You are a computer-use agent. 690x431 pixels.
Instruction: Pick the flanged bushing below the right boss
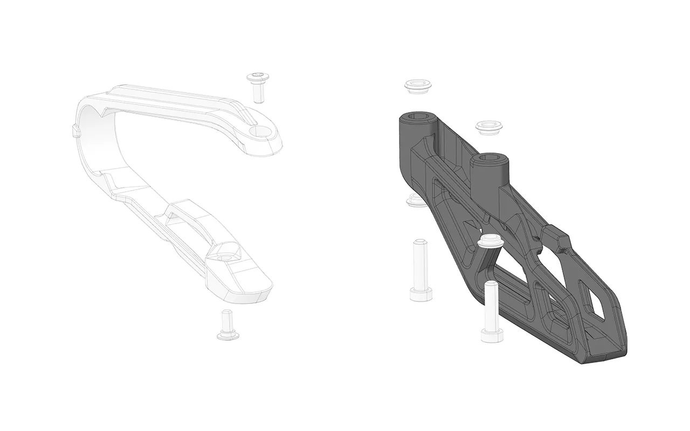tap(490, 241)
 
